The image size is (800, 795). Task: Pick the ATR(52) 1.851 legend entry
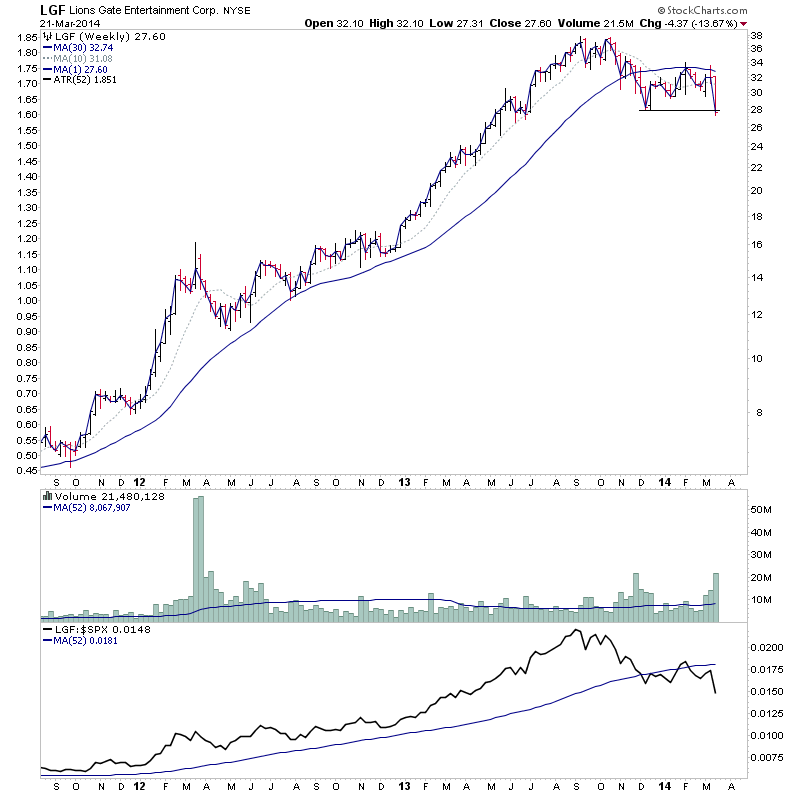pyautogui.click(x=87, y=79)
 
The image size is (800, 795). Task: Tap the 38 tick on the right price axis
pyautogui.click(x=757, y=35)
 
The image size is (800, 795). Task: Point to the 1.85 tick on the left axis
pyautogui.click(x=26, y=36)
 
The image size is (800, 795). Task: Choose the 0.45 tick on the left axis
pyautogui.click(x=26, y=469)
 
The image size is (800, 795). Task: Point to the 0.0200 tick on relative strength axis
pyautogui.click(x=768, y=648)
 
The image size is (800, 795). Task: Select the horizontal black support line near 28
pyautogui.click(x=678, y=110)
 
